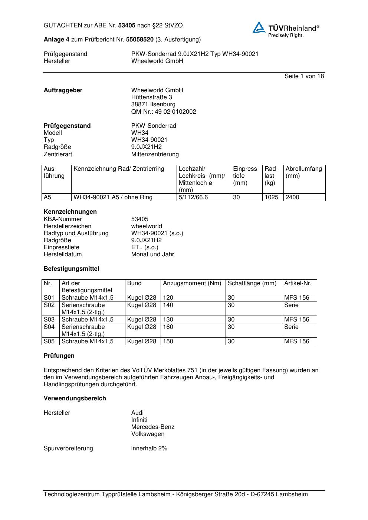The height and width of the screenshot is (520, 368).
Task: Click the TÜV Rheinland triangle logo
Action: (x=259, y=28)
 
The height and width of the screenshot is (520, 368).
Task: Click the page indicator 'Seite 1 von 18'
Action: (x=304, y=76)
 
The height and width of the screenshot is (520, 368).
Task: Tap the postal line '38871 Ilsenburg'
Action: (x=153, y=104)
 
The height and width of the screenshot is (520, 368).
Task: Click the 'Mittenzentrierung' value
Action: (x=155, y=154)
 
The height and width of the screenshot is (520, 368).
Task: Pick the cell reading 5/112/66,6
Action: (x=193, y=197)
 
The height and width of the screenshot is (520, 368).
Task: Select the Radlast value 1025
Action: (x=271, y=197)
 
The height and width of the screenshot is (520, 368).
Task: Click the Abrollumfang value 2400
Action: (x=292, y=197)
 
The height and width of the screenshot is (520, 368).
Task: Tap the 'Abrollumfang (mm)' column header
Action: (x=303, y=172)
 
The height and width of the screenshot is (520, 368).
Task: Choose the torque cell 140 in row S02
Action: (x=168, y=305)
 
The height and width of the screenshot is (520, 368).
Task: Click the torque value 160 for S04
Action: (x=168, y=327)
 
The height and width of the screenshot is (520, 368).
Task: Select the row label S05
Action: (x=49, y=341)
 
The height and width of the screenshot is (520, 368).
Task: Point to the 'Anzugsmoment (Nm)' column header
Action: (x=192, y=283)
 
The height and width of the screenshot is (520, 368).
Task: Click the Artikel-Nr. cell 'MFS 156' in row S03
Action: (x=296, y=320)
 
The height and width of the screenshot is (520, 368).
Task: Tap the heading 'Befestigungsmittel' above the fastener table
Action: (x=71, y=269)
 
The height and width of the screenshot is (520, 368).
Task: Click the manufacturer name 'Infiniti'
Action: (x=139, y=420)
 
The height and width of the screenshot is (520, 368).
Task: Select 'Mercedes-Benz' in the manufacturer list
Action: (x=152, y=427)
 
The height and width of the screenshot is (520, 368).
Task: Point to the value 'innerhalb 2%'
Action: (x=149, y=449)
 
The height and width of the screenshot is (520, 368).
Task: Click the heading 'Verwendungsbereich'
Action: (x=75, y=399)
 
